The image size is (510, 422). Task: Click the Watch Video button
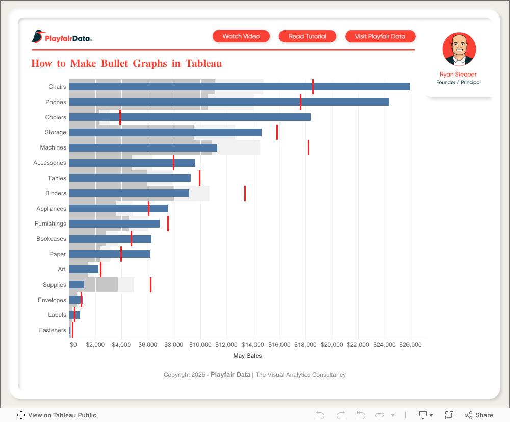pyautogui.click(x=241, y=36)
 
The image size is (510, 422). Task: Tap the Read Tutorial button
pyautogui.click(x=308, y=36)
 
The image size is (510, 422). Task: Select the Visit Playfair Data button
pyautogui.click(x=380, y=36)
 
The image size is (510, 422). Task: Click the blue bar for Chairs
pyautogui.click(x=239, y=87)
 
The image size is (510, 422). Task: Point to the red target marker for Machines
pyautogui.click(x=308, y=147)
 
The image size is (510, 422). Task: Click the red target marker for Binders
pyautogui.click(x=245, y=193)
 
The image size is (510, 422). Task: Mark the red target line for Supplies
pyautogui.click(x=150, y=285)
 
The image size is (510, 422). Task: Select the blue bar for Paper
pyautogui.click(x=110, y=254)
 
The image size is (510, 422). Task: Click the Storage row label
pyautogui.click(x=55, y=132)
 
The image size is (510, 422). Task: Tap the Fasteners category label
pyautogui.click(x=53, y=330)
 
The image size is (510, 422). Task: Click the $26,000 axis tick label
pyautogui.click(x=410, y=345)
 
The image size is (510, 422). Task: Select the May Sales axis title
pyautogui.click(x=247, y=356)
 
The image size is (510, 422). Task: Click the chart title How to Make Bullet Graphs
pyautogui.click(x=126, y=64)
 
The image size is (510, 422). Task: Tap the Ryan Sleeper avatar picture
pyautogui.click(x=459, y=49)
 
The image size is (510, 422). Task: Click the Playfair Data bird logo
pyautogui.click(x=38, y=37)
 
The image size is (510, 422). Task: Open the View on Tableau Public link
pyautogui.click(x=57, y=415)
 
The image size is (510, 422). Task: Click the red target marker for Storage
pyautogui.click(x=277, y=132)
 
